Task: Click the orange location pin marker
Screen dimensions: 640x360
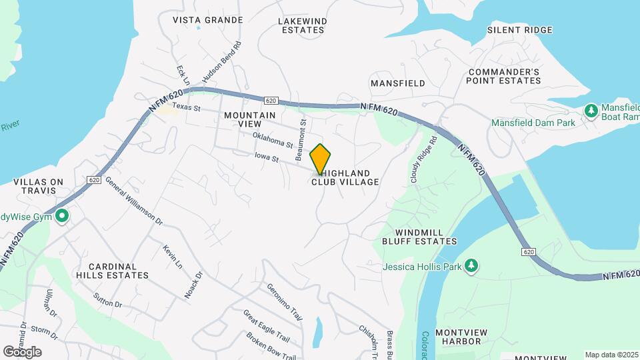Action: tap(321, 158)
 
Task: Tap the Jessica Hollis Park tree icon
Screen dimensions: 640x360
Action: tap(471, 266)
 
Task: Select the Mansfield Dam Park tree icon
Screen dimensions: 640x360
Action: tap(590, 110)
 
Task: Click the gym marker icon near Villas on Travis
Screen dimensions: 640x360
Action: tap(62, 216)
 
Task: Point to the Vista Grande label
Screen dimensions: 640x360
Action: tap(208, 20)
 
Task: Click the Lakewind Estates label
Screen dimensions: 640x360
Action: tap(302, 25)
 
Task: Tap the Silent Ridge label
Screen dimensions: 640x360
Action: tap(519, 30)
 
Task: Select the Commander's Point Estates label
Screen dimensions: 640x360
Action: tap(503, 76)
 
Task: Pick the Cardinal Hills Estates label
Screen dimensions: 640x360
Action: tap(112, 270)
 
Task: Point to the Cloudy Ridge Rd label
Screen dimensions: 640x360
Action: tap(423, 160)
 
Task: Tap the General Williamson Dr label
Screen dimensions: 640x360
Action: tap(133, 201)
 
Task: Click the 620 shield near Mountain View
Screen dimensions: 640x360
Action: tap(270, 101)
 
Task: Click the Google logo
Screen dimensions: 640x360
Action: tap(21, 351)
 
